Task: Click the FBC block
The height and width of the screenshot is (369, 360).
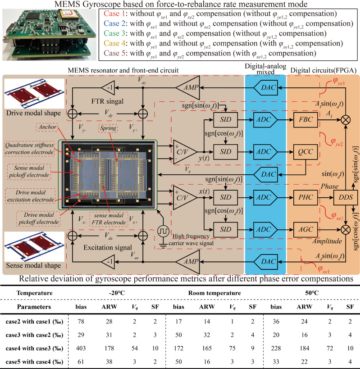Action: (x=305, y=120)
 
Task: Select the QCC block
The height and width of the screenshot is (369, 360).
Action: (x=305, y=152)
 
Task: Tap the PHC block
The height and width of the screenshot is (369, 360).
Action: (x=305, y=197)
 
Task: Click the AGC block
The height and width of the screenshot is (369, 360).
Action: (x=305, y=229)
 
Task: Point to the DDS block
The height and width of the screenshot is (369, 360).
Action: (x=346, y=197)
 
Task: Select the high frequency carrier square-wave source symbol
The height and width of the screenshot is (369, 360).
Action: (x=163, y=231)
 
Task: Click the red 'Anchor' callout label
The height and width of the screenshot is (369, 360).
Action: (x=47, y=127)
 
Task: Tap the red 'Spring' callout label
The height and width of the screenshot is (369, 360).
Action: (x=108, y=128)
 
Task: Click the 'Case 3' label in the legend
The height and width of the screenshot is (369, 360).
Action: (x=114, y=33)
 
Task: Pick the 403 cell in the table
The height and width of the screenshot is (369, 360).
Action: (x=81, y=348)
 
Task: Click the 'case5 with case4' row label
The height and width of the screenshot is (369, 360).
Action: (x=34, y=362)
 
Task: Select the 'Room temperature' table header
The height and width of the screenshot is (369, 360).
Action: (x=214, y=293)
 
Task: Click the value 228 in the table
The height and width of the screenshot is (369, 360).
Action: (x=276, y=348)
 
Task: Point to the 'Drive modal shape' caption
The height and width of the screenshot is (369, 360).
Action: (x=33, y=113)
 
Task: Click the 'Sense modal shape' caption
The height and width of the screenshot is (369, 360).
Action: (x=33, y=265)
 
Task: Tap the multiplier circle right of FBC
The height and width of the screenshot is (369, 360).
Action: (x=346, y=120)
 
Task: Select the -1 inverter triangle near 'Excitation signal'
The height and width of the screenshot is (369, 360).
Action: (x=108, y=261)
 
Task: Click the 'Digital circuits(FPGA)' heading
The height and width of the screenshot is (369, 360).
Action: (x=324, y=70)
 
